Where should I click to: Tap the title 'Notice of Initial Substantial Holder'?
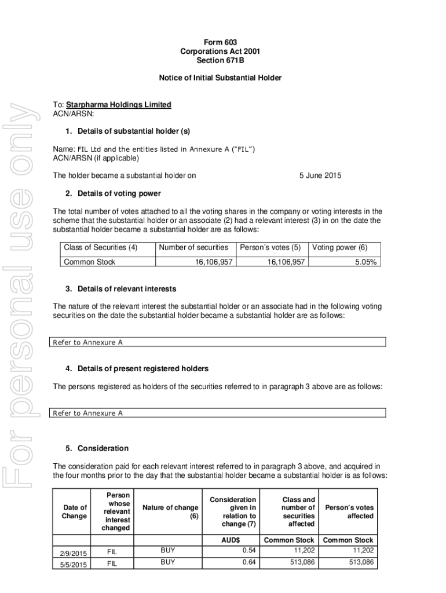[x=220, y=78]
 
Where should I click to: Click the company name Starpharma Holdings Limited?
[x=118, y=105]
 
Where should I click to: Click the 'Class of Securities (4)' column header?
[x=100, y=247]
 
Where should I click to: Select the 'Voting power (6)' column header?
[x=339, y=247]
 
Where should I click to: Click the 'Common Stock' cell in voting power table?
[x=89, y=262]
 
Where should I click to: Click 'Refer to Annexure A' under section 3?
[x=88, y=342]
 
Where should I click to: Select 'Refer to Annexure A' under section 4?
[x=88, y=413]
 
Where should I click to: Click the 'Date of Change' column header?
[x=75, y=512]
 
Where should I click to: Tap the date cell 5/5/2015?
[x=74, y=563]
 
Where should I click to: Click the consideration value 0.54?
[x=249, y=550]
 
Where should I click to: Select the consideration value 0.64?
[x=249, y=562]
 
